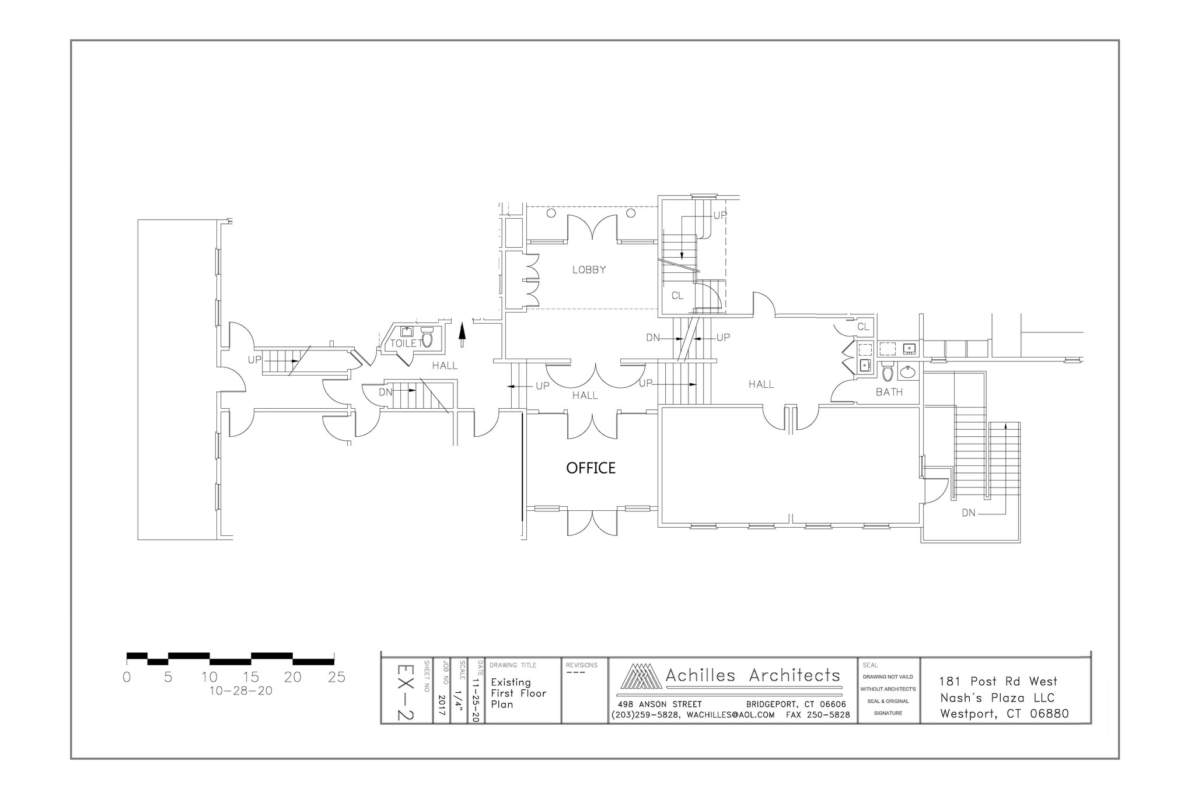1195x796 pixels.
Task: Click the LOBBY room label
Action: point(589,269)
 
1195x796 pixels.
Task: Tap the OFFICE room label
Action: point(591,468)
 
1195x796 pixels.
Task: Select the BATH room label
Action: point(889,392)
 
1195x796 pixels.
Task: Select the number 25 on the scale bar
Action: point(336,677)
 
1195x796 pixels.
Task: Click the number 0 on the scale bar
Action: point(127,677)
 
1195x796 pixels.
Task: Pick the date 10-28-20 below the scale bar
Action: point(240,691)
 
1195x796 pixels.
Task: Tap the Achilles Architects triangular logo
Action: point(641,676)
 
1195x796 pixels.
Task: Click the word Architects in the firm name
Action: point(794,675)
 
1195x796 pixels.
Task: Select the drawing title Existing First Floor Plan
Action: point(518,693)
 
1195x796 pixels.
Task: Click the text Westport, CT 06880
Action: point(1004,714)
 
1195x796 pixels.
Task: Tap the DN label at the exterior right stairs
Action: point(969,513)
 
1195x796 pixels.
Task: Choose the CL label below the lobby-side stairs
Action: point(677,296)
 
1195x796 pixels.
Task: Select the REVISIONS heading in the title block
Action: point(582,665)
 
